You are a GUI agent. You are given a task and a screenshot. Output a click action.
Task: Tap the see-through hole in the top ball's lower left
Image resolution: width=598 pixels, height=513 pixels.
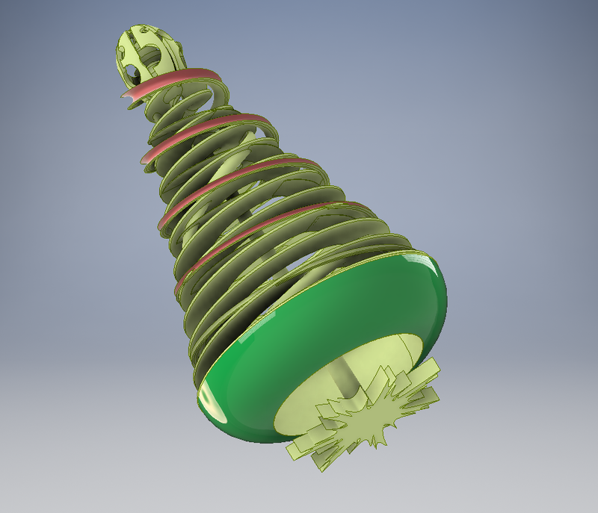132,72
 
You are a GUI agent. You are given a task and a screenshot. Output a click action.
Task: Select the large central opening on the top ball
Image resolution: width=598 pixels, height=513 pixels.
149,55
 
